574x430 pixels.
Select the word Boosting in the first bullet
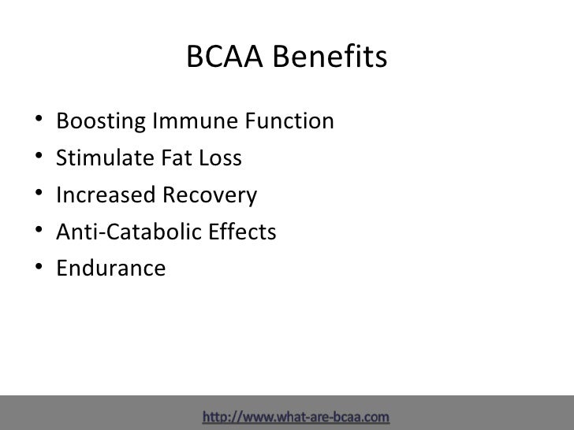99,123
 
